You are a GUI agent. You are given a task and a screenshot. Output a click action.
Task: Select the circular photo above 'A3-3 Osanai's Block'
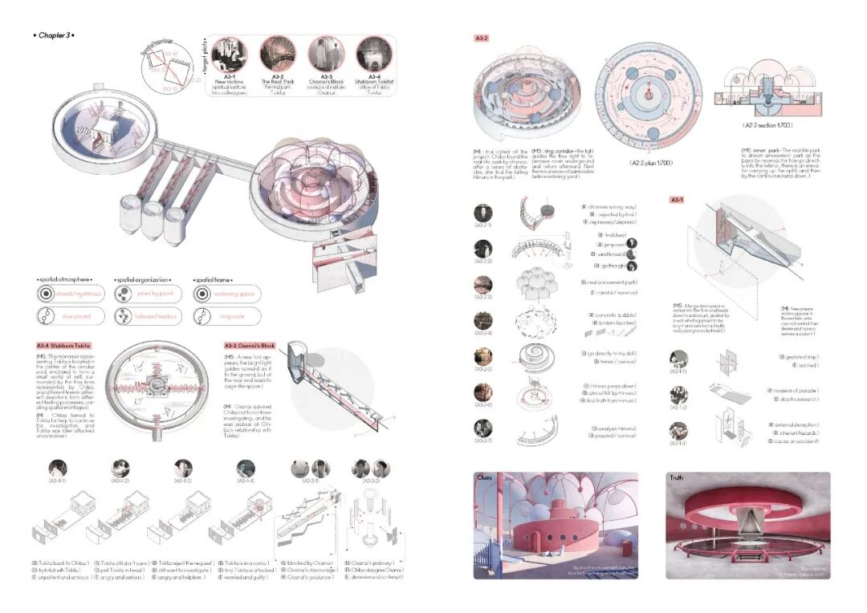(324, 54)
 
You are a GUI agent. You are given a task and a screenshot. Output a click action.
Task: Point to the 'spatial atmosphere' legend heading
(65, 279)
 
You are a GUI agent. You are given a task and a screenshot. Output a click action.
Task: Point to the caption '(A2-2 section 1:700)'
(772, 125)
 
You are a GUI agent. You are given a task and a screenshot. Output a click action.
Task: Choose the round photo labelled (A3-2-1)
(483, 213)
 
